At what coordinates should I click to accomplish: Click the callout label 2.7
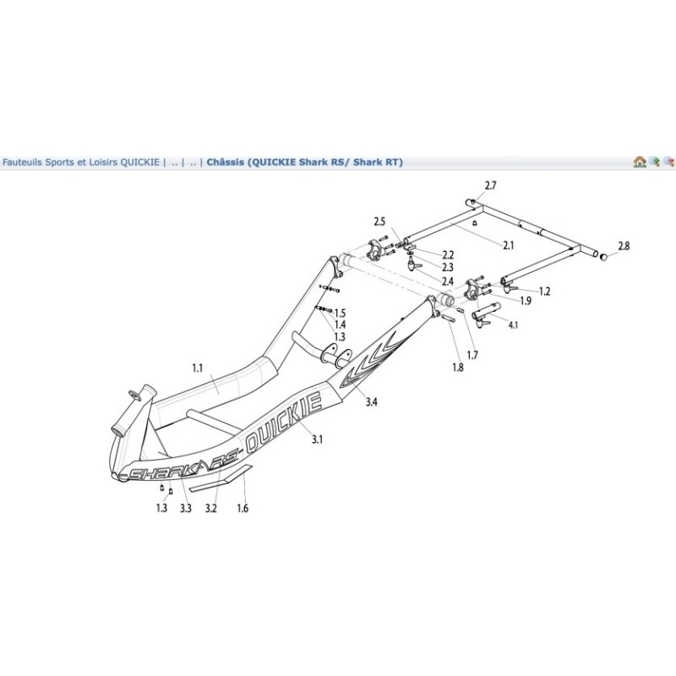pos(491,184)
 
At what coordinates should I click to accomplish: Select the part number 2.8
pos(624,246)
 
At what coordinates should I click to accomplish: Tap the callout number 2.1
pos(509,246)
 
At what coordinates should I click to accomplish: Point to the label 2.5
pos(379,221)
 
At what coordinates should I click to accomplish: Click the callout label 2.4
pos(448,281)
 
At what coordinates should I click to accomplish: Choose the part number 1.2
pos(544,292)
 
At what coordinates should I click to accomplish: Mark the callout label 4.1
pos(513,324)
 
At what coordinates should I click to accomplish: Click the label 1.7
pos(472,355)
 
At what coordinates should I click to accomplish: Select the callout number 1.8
pos(457,368)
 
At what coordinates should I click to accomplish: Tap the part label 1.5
pos(341,313)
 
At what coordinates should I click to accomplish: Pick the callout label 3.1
pos(318,439)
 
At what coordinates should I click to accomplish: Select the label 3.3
pos(186,509)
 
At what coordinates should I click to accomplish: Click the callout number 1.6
pos(243,509)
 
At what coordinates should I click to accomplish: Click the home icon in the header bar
pos(640,161)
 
